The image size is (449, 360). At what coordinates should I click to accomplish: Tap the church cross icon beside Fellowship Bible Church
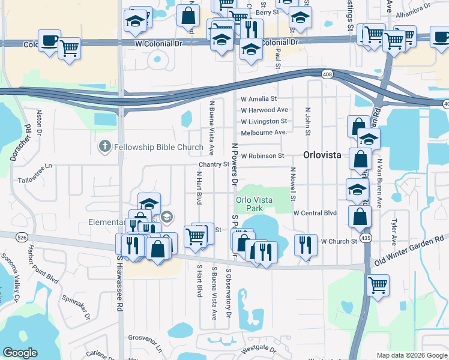[104, 146]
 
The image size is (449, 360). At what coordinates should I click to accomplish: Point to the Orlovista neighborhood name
[322, 154]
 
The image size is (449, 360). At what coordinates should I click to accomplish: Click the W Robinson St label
[262, 155]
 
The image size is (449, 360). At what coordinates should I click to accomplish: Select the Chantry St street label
[215, 164]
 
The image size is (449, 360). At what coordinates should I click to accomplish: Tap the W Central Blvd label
[315, 213]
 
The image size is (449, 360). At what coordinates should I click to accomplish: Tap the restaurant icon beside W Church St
[306, 244]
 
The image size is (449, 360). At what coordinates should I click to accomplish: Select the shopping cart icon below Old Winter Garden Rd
[377, 285]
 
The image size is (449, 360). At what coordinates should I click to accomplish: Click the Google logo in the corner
[20, 353]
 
